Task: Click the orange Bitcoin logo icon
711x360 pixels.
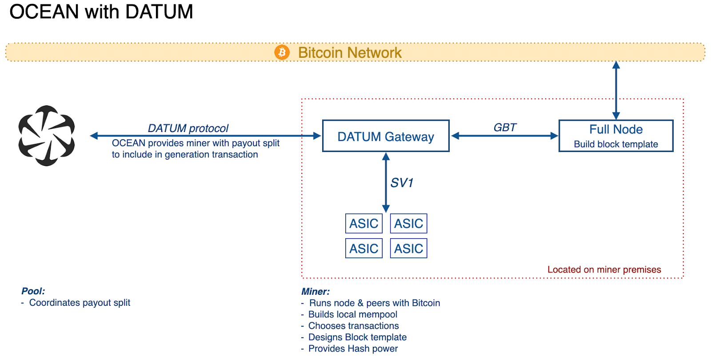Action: [x=282, y=52]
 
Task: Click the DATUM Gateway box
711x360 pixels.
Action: [x=386, y=136]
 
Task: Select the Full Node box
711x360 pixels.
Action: [x=616, y=136]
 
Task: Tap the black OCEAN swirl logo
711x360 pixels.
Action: [x=47, y=136]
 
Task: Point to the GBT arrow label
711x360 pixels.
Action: [x=505, y=128]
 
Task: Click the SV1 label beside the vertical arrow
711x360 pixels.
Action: [x=402, y=183]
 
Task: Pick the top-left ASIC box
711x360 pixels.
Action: [x=364, y=224]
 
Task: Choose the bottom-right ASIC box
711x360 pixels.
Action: [x=409, y=248]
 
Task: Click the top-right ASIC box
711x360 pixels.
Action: [x=409, y=224]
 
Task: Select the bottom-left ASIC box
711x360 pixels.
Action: [x=364, y=248]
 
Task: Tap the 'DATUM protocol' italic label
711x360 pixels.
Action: [x=188, y=128]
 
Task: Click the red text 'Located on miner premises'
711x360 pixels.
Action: [x=604, y=270]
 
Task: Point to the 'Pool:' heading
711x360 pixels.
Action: [x=33, y=291]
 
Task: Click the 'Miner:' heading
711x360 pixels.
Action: [x=316, y=292]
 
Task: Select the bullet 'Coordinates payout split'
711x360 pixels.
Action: [x=80, y=303]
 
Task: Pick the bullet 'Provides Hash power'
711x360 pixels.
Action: [x=353, y=349]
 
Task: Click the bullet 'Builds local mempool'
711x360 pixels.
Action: [x=353, y=315]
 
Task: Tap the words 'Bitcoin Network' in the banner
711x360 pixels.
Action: [x=350, y=53]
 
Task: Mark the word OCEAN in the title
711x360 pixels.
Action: [x=44, y=12]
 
